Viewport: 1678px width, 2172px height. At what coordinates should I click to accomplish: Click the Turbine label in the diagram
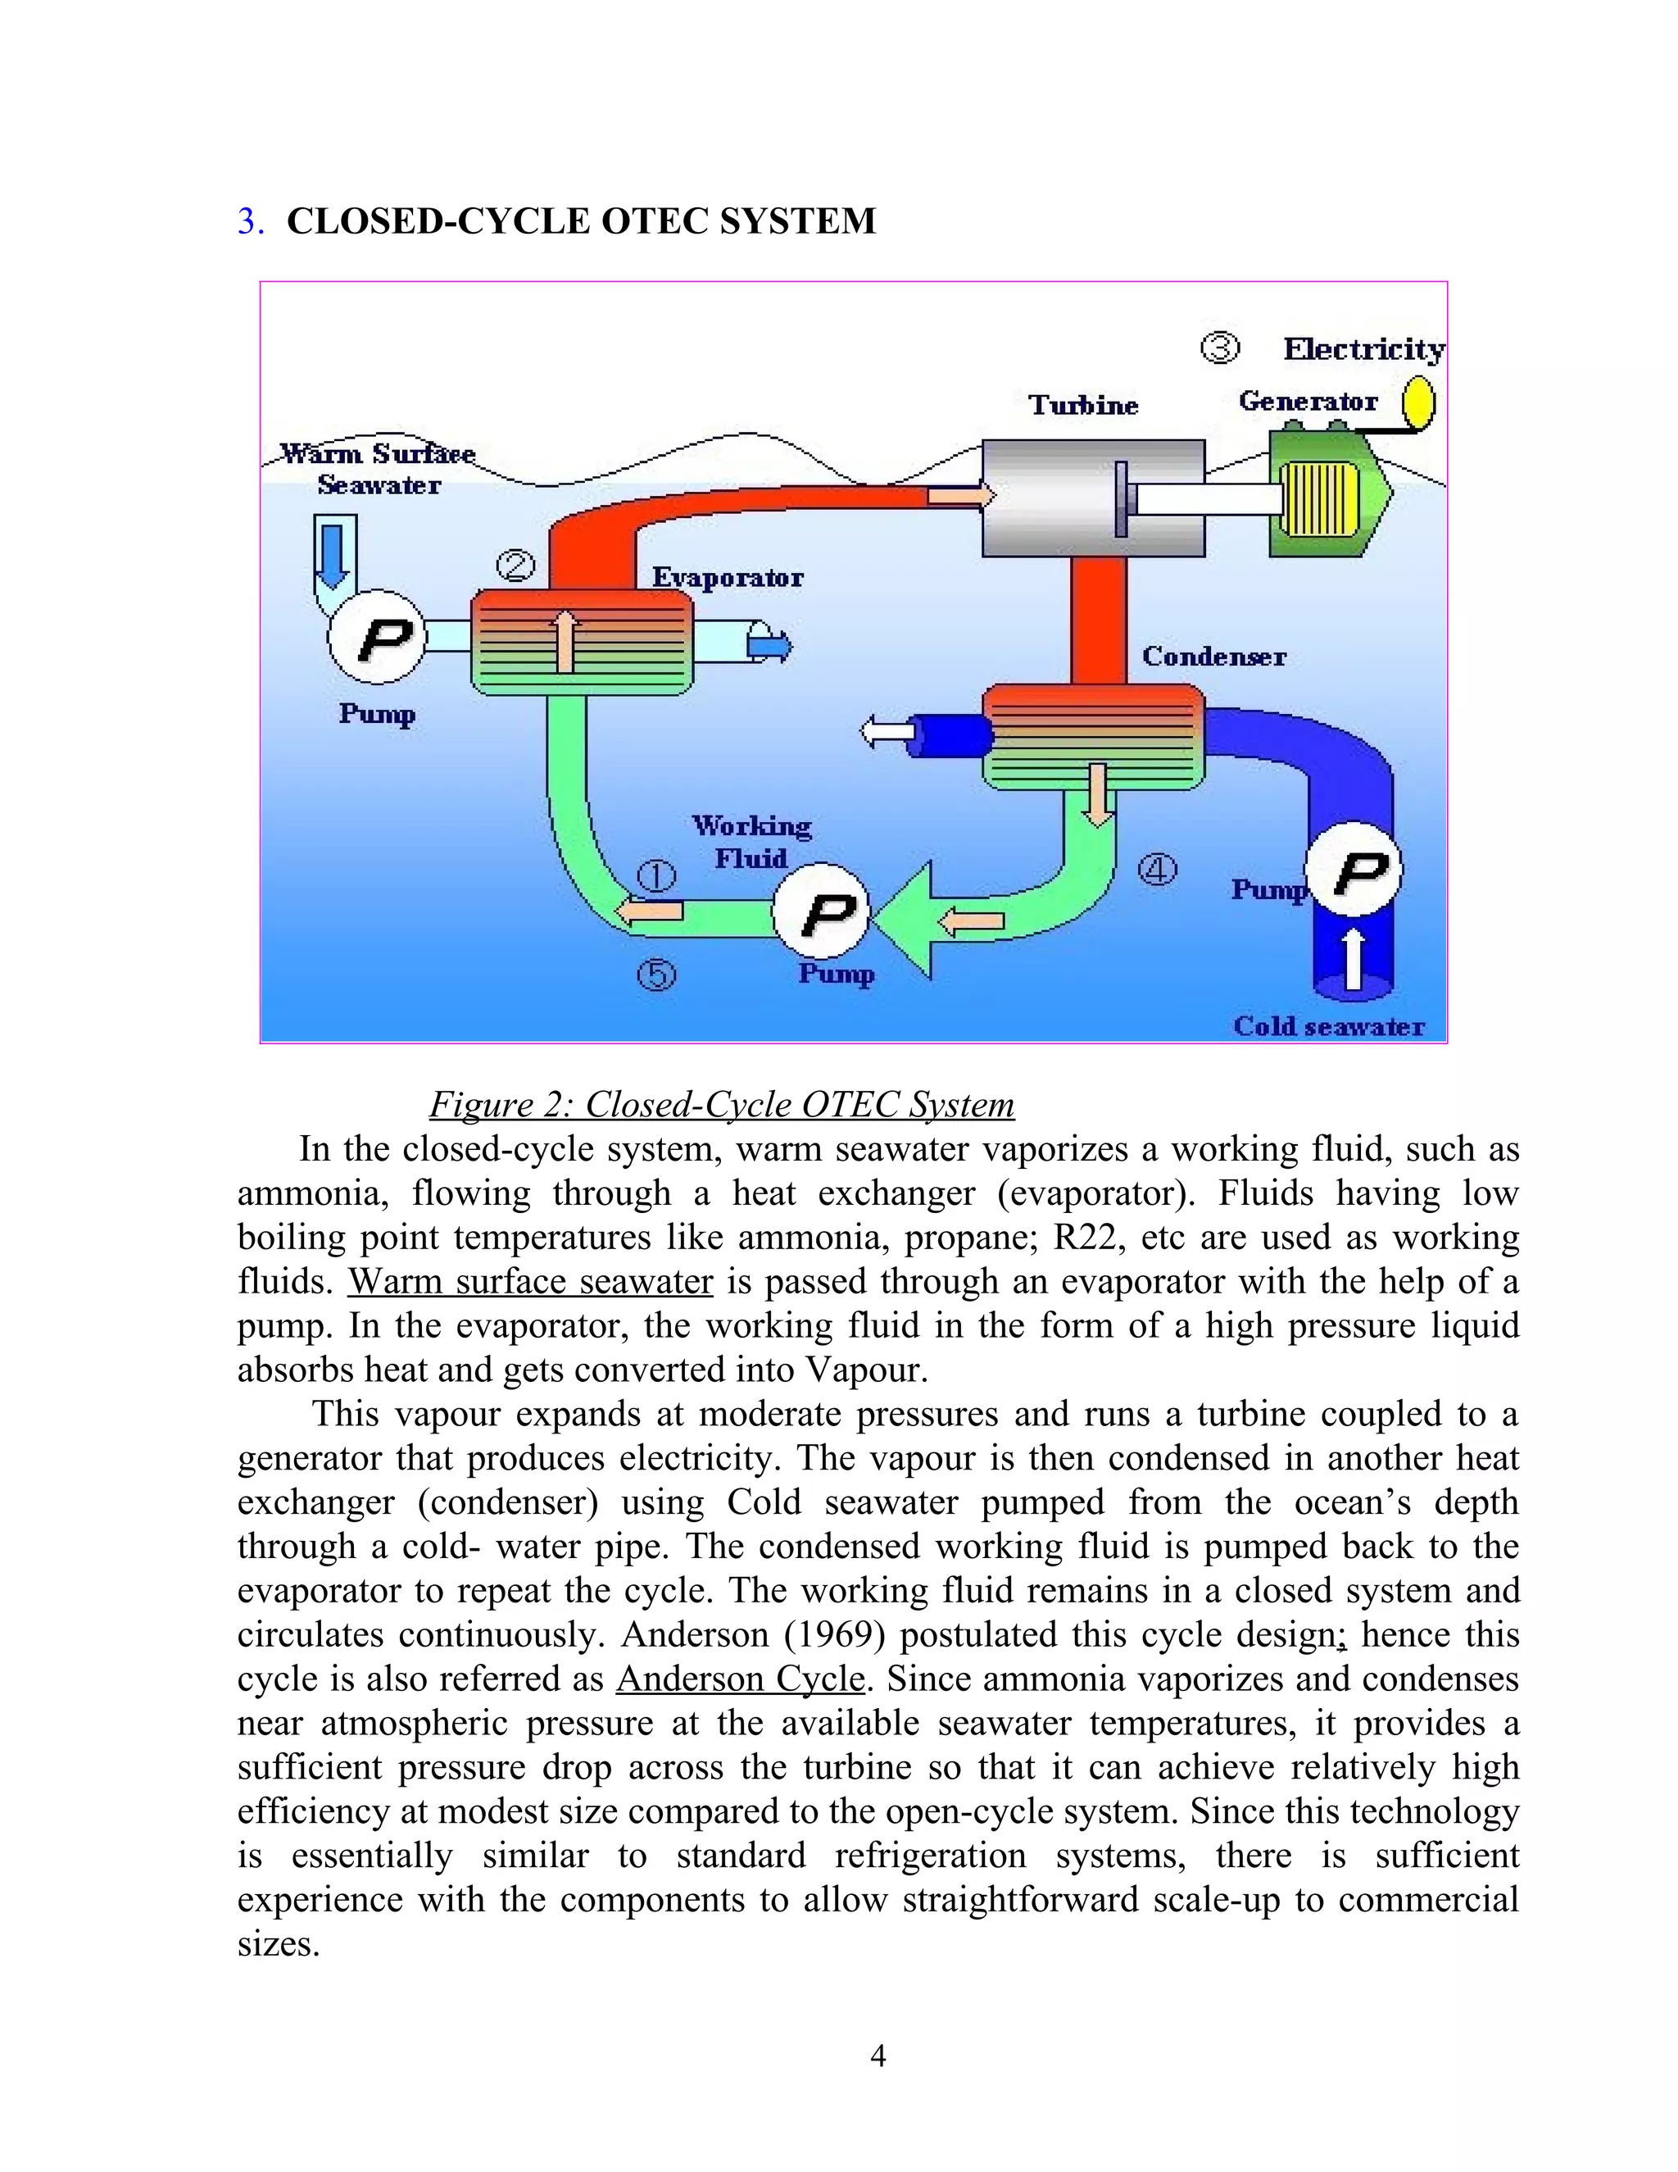coord(1082,405)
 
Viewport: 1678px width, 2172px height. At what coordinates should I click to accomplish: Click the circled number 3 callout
coord(1220,348)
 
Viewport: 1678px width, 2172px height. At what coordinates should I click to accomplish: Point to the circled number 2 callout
coord(515,567)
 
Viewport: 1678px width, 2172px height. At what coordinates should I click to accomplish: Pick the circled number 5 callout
coord(656,974)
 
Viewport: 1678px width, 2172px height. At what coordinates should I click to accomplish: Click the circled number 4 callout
coord(1156,870)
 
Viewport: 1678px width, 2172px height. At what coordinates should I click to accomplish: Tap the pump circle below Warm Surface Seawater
coord(378,637)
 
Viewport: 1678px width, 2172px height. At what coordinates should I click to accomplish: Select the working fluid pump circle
coord(822,913)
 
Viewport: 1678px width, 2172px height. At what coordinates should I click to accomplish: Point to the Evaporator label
coord(728,578)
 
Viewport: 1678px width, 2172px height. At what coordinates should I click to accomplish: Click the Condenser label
coord(1213,657)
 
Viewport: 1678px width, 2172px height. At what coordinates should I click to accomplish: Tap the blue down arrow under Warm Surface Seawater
coord(333,555)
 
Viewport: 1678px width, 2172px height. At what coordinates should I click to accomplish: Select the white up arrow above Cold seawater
coord(1353,959)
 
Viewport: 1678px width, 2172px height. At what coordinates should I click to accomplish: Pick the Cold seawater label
coord(1328,1026)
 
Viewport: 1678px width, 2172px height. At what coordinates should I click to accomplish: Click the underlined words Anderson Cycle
coord(741,1679)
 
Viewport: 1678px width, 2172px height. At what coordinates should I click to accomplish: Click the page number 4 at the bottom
coord(878,2056)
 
